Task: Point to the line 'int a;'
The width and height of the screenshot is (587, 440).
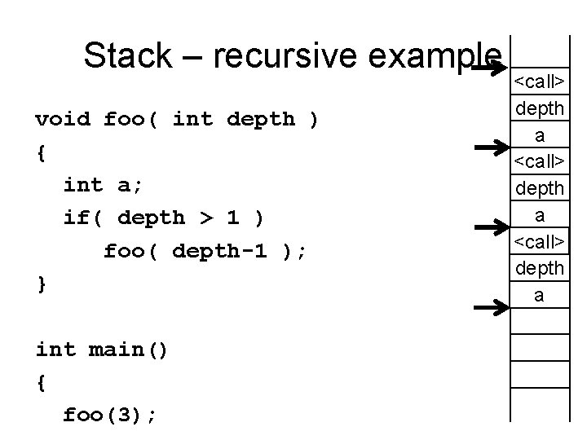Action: (x=103, y=185)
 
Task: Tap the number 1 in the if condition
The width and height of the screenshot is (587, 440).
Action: (x=233, y=218)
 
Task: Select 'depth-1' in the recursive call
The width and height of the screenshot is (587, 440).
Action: (x=219, y=252)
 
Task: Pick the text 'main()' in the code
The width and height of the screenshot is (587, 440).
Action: (x=128, y=350)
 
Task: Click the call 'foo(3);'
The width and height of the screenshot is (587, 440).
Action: (x=110, y=416)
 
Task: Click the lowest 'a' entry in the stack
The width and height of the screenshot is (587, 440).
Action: (x=538, y=295)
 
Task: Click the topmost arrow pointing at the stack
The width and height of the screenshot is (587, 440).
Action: (x=489, y=69)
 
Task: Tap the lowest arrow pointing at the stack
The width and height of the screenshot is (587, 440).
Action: (x=489, y=307)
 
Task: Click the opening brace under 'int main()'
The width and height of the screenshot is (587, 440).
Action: (x=42, y=383)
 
